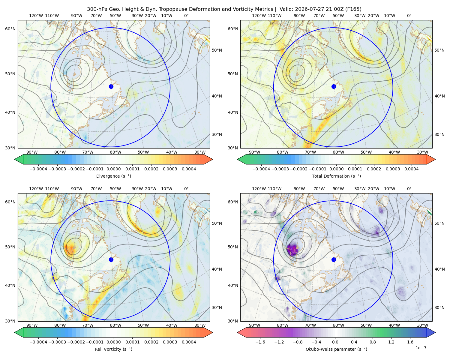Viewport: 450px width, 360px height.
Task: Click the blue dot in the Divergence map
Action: click(x=111, y=87)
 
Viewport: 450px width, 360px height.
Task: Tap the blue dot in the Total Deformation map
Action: click(x=334, y=87)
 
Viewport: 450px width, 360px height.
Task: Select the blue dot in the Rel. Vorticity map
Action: click(x=111, y=259)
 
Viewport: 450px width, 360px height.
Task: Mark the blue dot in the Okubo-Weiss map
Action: click(x=334, y=259)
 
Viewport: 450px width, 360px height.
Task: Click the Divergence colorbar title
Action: click(x=113, y=176)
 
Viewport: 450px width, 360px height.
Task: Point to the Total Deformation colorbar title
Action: click(x=336, y=176)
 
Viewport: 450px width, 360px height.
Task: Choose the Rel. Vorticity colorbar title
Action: click(x=113, y=349)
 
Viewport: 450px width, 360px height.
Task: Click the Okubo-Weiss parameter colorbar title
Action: click(x=336, y=349)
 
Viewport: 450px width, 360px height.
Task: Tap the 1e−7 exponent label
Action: click(x=421, y=348)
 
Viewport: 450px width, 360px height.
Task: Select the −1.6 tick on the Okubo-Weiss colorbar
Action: click(x=260, y=342)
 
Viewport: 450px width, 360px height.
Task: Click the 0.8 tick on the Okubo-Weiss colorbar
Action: click(x=373, y=342)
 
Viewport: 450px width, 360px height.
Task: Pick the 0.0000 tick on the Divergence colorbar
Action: click(x=113, y=169)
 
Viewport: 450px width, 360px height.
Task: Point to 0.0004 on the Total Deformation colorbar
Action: click(x=411, y=169)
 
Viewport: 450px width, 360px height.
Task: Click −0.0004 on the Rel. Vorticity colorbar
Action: click(x=38, y=342)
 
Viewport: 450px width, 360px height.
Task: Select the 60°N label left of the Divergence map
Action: click(x=10, y=29)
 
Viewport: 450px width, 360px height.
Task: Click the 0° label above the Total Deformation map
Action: click(x=409, y=16)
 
